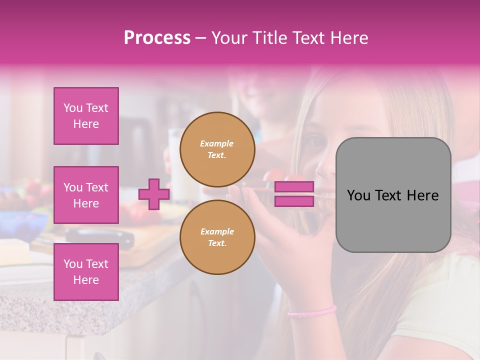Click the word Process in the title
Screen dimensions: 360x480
157,38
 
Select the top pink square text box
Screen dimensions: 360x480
86,116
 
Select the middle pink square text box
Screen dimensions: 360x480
86,195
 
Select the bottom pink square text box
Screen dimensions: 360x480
86,271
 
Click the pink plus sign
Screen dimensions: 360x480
154,194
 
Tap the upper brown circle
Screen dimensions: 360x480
217,149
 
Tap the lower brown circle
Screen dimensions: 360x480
217,237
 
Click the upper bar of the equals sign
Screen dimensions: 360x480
294,187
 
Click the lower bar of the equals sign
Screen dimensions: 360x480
294,201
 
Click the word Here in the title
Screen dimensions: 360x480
348,38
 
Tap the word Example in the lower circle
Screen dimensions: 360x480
217,231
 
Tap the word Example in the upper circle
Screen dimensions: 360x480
217,143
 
